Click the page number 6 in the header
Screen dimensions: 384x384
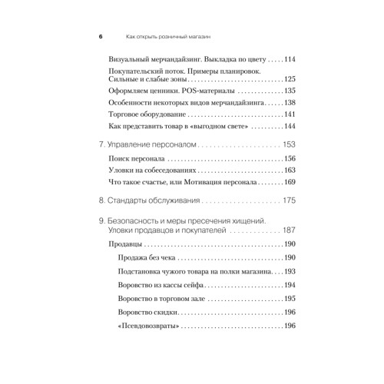(101, 36)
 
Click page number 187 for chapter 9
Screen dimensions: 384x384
(289, 231)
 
